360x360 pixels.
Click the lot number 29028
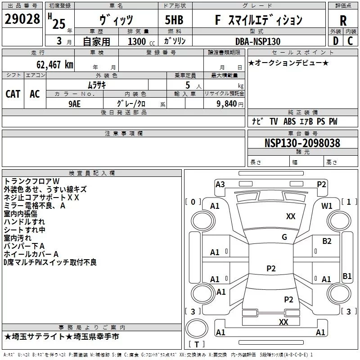22,19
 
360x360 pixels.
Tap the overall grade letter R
343,20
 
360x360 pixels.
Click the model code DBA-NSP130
258,41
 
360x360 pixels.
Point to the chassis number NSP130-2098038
302,143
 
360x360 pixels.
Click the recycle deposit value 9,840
226,104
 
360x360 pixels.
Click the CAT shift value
13,94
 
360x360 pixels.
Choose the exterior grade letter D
335,41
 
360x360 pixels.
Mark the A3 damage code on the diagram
220,184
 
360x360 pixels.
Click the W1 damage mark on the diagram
327,206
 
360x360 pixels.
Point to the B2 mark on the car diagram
327,241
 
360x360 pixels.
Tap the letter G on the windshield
284,237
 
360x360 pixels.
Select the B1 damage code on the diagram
347,276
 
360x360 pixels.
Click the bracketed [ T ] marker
197,344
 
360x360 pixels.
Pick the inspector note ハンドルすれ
24,222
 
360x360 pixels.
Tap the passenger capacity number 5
187,85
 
